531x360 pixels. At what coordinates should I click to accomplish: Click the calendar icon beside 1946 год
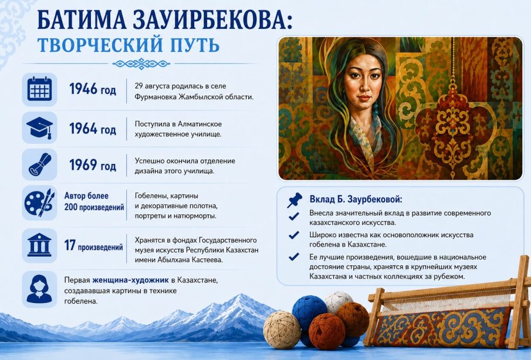pyautogui.click(x=39, y=89)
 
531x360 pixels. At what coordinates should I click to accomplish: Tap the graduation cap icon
pyautogui.click(x=40, y=128)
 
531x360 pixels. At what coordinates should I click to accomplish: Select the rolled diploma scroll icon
pyautogui.click(x=40, y=164)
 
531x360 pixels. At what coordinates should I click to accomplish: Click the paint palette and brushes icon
pyautogui.click(x=39, y=203)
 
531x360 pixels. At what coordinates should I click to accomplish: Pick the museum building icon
pyautogui.click(x=39, y=245)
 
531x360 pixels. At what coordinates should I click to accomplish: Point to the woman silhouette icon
pyautogui.click(x=39, y=289)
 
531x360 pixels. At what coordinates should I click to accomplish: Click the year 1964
pyautogui.click(x=83, y=129)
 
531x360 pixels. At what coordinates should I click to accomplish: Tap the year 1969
pyautogui.click(x=83, y=165)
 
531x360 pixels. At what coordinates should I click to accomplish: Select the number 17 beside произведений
pyautogui.click(x=70, y=245)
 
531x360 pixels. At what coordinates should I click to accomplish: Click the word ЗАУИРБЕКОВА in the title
pyautogui.click(x=209, y=21)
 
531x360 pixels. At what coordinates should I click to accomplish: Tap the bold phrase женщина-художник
pyautogui.click(x=130, y=280)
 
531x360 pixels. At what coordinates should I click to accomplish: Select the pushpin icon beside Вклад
pyautogui.click(x=294, y=200)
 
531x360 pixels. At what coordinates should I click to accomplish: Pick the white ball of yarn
pyautogui.click(x=339, y=301)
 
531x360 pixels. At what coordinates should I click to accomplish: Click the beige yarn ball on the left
pyautogui.click(x=282, y=329)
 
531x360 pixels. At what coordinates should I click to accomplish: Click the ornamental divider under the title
pyautogui.click(x=141, y=63)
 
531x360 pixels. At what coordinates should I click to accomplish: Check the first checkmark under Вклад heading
pyautogui.click(x=293, y=216)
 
